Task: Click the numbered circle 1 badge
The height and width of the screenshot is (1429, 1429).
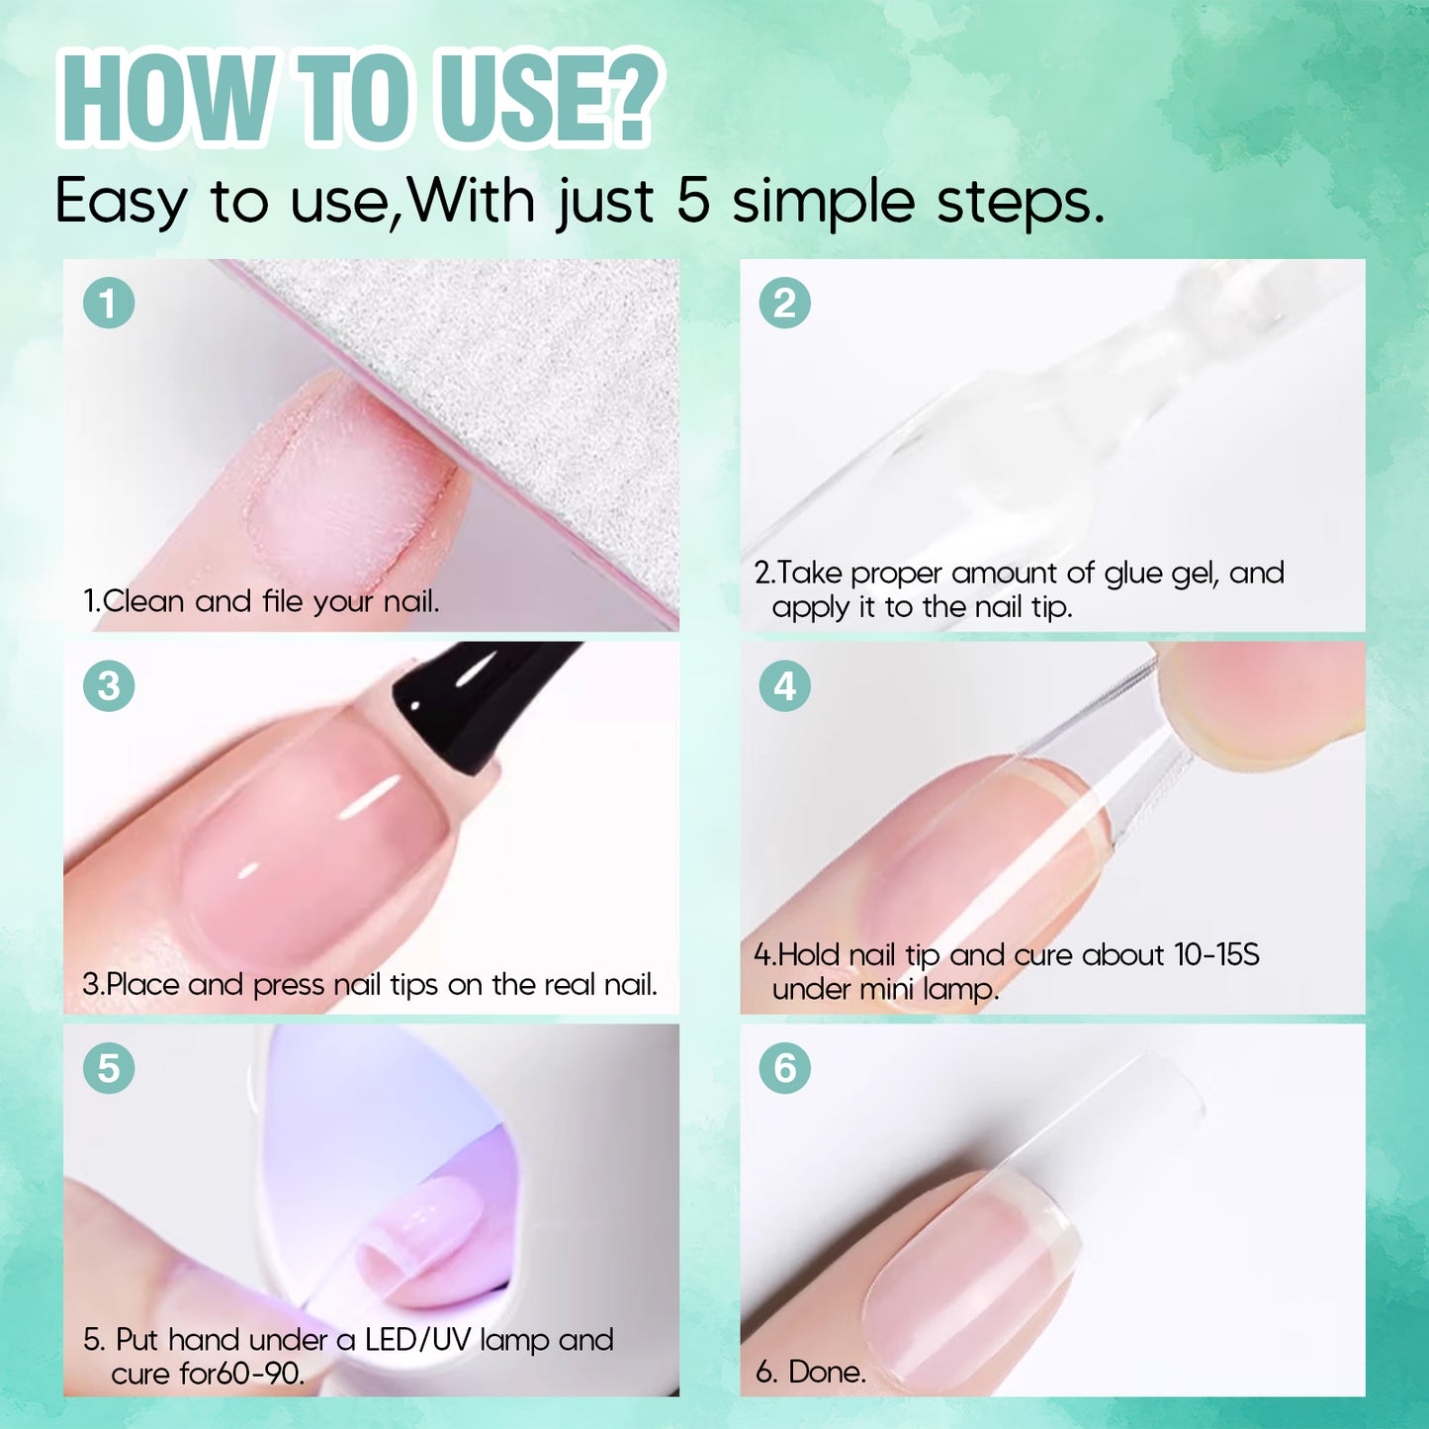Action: tap(108, 304)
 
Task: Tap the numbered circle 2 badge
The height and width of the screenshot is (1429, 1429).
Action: tap(784, 304)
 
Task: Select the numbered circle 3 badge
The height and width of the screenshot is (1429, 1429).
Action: tap(108, 686)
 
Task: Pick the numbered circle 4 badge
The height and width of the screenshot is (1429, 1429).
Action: tap(784, 686)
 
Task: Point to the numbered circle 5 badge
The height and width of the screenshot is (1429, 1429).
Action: tap(108, 1069)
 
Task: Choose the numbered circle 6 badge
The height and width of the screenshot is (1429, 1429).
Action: tap(784, 1069)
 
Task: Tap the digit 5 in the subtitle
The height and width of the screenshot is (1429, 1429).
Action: tap(692, 202)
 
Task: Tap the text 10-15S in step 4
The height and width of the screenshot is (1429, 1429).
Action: tap(1217, 954)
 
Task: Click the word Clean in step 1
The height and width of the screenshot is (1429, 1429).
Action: tap(143, 601)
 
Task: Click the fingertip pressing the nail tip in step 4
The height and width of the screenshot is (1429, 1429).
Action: tap(1261, 704)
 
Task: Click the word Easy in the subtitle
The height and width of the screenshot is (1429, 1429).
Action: tap(120, 203)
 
